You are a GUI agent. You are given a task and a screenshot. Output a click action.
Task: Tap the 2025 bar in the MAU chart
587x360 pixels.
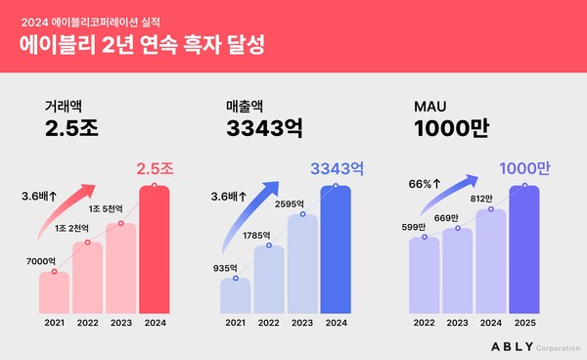pyautogui.click(x=523, y=249)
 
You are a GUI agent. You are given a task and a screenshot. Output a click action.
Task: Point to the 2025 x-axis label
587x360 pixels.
pyautogui.click(x=523, y=322)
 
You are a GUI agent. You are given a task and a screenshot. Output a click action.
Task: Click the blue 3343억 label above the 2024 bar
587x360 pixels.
pyautogui.click(x=336, y=169)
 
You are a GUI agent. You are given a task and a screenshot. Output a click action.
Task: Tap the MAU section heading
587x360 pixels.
pyautogui.click(x=429, y=107)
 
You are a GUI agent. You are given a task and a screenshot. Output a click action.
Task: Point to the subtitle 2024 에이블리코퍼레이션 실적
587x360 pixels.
pyautogui.click(x=93, y=20)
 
